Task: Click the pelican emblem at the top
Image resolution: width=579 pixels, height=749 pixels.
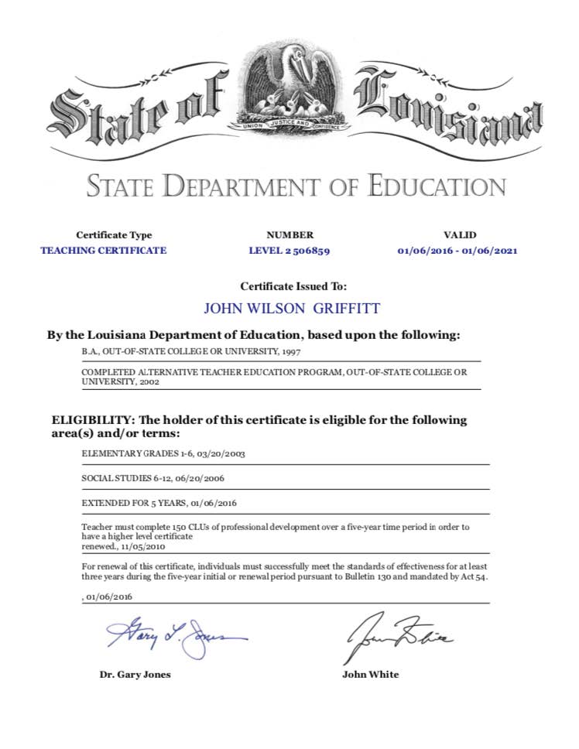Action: (x=290, y=87)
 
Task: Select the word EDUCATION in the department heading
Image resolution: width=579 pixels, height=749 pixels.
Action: (x=438, y=186)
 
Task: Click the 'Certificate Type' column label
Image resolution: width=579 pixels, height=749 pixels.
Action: (x=114, y=235)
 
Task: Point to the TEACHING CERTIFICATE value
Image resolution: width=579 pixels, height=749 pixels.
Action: (x=103, y=251)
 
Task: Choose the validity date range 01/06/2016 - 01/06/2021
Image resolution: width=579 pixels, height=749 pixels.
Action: (x=457, y=251)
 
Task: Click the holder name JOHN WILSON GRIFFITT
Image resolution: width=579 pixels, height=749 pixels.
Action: (x=292, y=308)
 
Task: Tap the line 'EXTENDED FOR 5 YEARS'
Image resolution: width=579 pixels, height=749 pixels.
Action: (x=132, y=503)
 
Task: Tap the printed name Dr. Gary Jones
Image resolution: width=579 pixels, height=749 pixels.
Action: (x=135, y=675)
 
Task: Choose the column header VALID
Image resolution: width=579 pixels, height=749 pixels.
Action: (x=459, y=235)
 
